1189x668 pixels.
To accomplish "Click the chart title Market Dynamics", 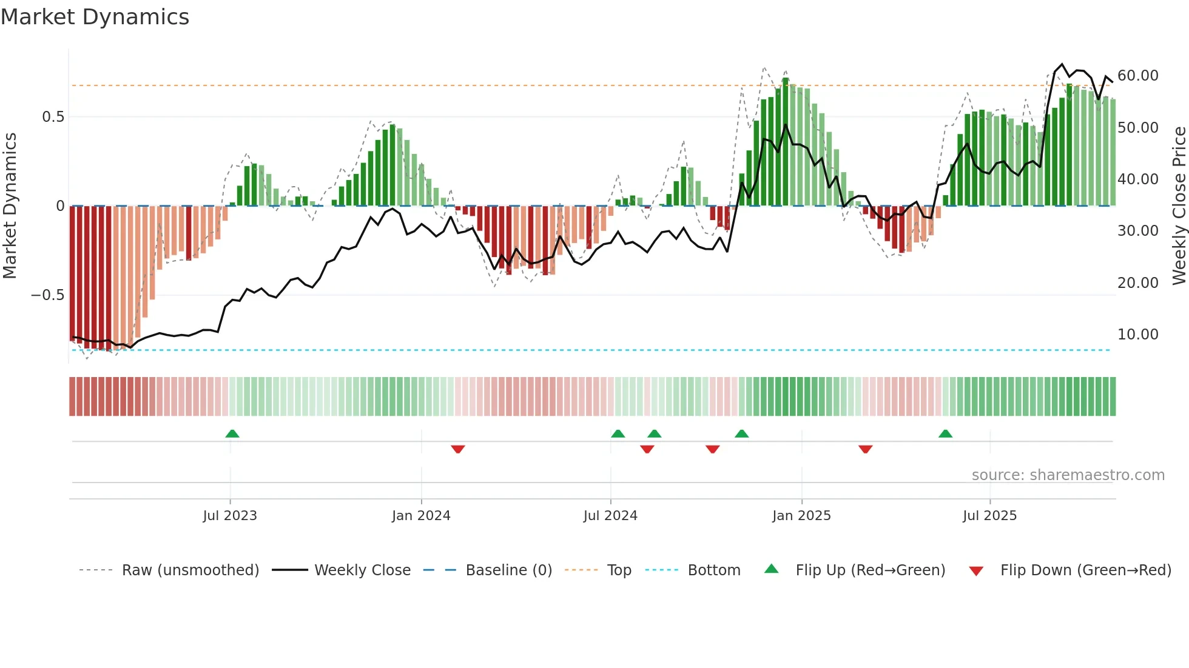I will pos(95,17).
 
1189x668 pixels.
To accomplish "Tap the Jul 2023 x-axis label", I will pos(230,516).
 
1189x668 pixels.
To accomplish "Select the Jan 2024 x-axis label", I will pos(421,516).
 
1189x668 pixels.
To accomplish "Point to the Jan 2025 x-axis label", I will pos(801,516).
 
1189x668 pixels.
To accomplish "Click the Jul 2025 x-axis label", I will pos(989,516).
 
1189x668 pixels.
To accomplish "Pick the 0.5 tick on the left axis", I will pos(53,117).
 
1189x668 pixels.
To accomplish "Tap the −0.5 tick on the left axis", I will pos(47,295).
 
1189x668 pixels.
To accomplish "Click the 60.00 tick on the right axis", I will pos(1137,76).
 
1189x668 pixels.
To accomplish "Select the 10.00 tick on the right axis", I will pos(1137,335).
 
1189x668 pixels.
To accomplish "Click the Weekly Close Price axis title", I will pos(1179,206).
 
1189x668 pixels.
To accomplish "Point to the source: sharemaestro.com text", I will pos(1068,475).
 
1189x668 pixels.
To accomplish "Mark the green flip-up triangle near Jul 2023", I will pos(232,433).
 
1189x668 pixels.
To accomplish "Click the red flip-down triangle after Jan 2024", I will pos(458,449).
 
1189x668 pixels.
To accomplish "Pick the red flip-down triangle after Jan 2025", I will pos(866,449).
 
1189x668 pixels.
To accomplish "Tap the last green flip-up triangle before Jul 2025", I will pos(945,433).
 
